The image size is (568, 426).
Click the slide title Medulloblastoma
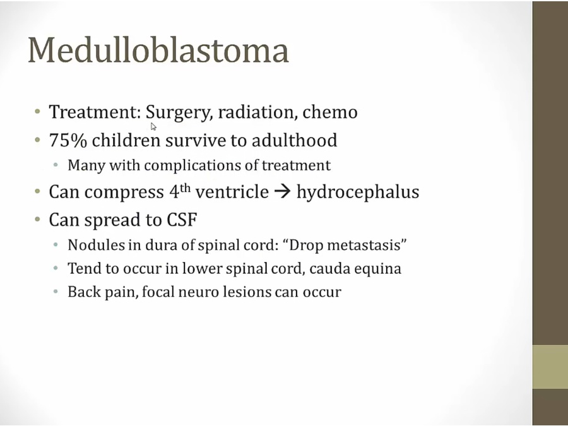pos(158,50)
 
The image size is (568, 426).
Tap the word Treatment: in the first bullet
pos(95,112)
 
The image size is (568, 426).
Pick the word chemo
pos(330,112)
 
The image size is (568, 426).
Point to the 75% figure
pos(68,140)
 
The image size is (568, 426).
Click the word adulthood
pos(295,140)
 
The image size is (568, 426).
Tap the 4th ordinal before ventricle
pos(180,191)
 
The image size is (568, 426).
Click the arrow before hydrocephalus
pos(283,192)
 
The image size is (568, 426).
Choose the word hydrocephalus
pos(358,192)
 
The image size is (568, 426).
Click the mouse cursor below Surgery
pos(153,126)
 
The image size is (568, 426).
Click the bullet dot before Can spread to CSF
pos(37,220)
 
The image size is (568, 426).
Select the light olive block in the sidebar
pos(550,367)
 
